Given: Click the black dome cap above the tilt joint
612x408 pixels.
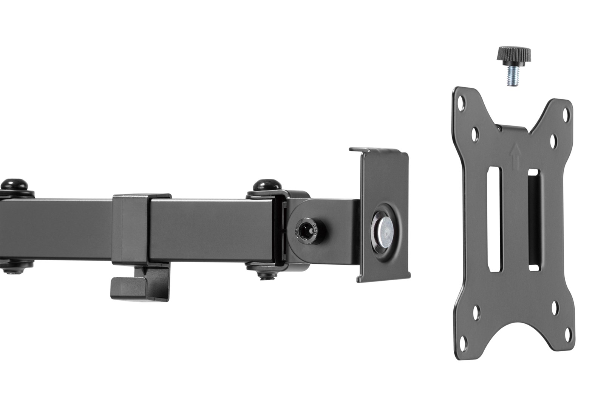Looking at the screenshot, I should tap(266, 186).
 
